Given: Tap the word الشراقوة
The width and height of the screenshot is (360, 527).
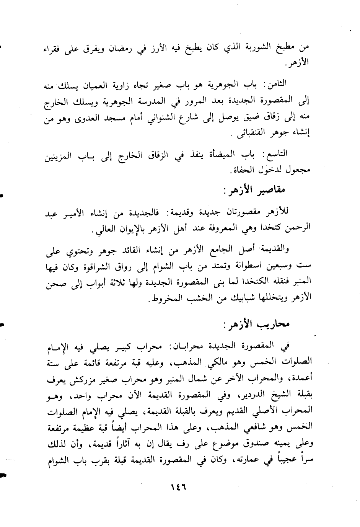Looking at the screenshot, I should click(89, 265).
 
